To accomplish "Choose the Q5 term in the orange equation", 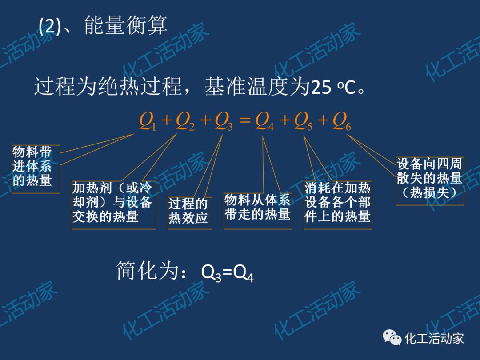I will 302,120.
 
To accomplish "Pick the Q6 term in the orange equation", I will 341,120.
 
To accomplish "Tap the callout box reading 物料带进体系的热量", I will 35,168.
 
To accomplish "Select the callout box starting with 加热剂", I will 114,204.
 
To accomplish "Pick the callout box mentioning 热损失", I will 429,180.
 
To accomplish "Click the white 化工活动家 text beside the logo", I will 434,339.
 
